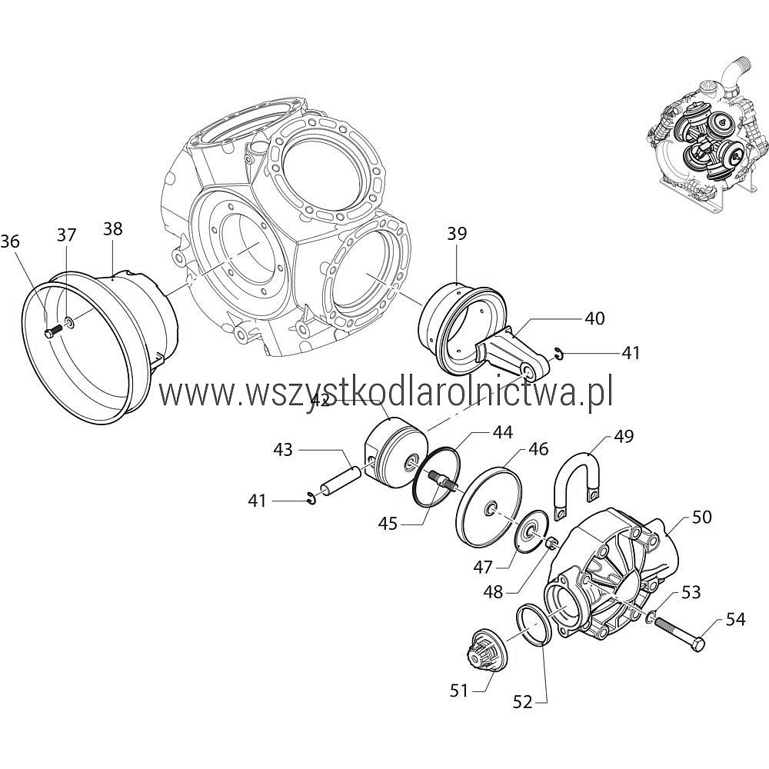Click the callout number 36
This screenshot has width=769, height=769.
click(x=10, y=241)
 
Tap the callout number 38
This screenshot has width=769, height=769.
click(x=113, y=228)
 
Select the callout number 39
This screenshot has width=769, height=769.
click(x=457, y=234)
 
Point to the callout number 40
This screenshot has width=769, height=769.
click(x=595, y=318)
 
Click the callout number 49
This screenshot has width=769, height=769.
click(x=624, y=436)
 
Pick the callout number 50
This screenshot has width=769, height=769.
click(x=701, y=517)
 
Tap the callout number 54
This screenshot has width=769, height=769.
click(x=736, y=619)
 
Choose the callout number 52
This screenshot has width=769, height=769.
click(x=523, y=702)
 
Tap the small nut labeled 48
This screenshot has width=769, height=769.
click(x=551, y=543)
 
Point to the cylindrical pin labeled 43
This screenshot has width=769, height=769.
click(x=341, y=481)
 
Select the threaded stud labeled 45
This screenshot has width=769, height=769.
click(x=441, y=480)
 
